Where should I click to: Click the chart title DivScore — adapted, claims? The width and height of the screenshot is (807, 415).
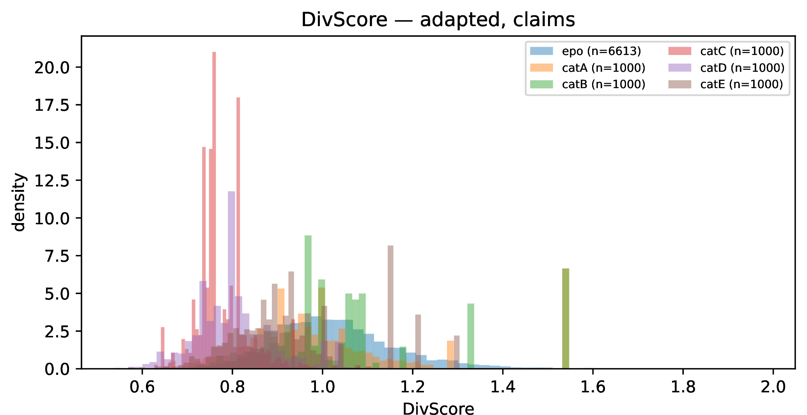pos(438,20)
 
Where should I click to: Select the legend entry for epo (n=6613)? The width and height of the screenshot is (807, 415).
pos(585,51)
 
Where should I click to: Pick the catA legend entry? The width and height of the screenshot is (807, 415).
pos(587,68)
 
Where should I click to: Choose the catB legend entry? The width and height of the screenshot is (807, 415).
pos(587,84)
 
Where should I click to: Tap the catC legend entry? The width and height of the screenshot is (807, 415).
pos(726,51)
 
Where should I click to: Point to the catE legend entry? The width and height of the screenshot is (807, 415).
pos(725,84)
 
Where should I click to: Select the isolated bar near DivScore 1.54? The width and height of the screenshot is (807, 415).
pos(566,318)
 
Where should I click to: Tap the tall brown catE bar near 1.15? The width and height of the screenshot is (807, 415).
pos(390,307)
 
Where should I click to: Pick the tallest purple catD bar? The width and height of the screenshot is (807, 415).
pos(231,280)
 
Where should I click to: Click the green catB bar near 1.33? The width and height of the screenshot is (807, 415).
pos(471,336)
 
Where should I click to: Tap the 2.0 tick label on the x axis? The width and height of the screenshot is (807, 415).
pos(773,387)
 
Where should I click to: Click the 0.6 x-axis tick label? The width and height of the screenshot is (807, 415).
pos(142,387)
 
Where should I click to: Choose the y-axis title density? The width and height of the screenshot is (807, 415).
pos(18,202)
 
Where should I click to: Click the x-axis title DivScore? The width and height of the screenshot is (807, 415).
pos(438,408)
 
